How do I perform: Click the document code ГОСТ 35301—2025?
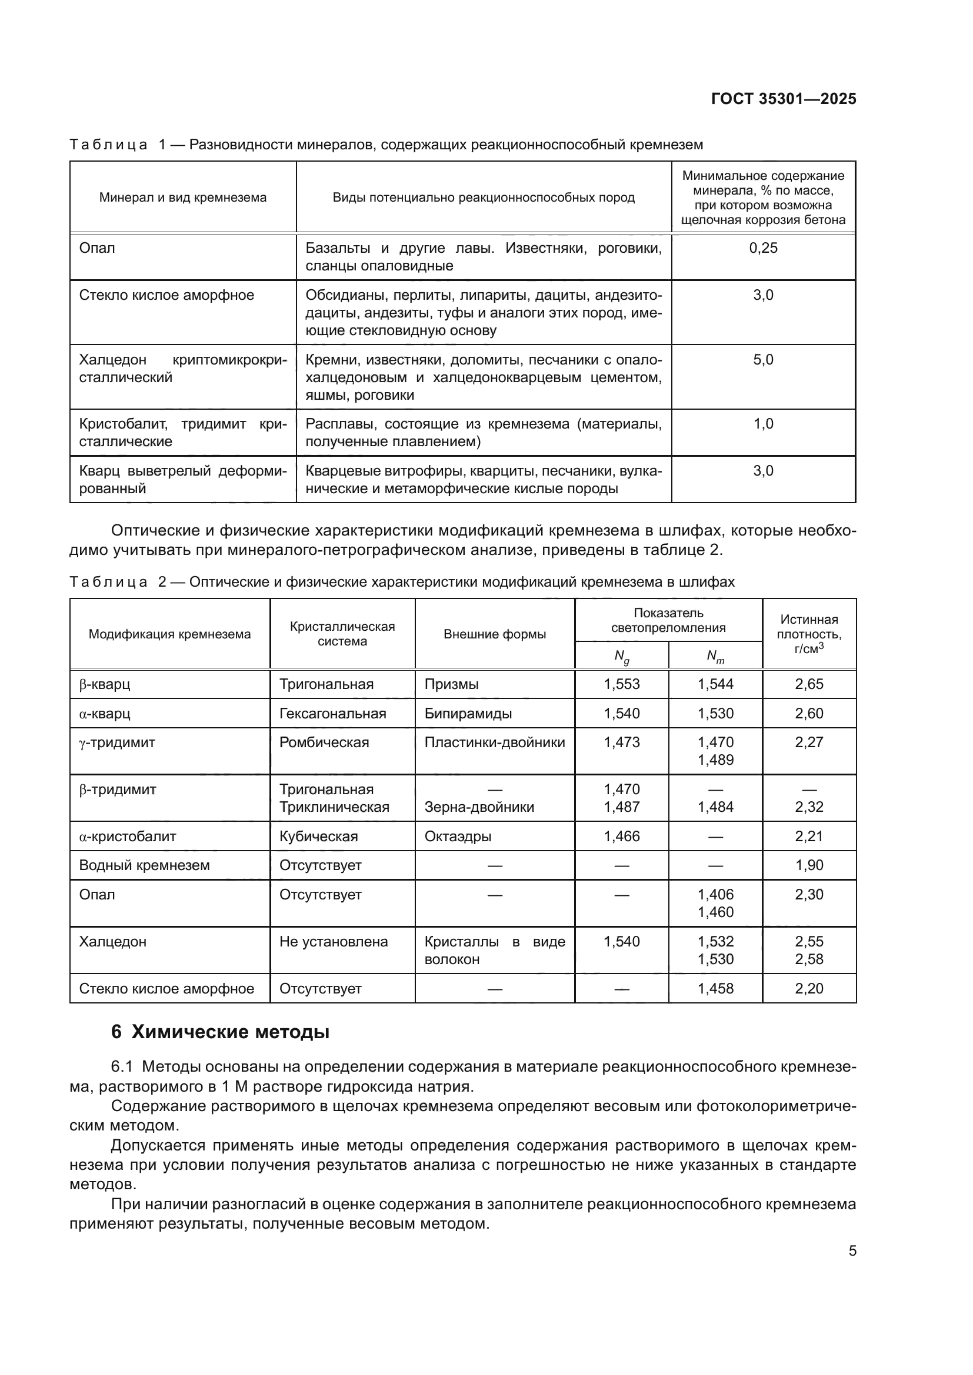(783, 99)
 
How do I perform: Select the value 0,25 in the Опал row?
(763, 248)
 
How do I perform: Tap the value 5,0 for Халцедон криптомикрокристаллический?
(763, 360)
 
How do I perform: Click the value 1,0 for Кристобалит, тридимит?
(763, 424)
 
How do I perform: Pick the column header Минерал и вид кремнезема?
(183, 198)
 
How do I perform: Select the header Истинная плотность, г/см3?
(809, 634)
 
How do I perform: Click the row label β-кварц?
(104, 684)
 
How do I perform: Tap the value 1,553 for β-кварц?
(621, 684)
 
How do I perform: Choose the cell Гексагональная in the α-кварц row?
(332, 714)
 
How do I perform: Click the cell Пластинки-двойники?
(494, 742)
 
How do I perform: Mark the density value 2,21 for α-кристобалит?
(809, 837)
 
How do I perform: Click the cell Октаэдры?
(458, 837)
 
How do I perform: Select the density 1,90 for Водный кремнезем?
(809, 865)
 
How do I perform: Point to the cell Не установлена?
(333, 942)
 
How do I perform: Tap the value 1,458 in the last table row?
(715, 989)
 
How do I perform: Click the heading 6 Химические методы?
(220, 1032)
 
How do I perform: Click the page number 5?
(852, 1251)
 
